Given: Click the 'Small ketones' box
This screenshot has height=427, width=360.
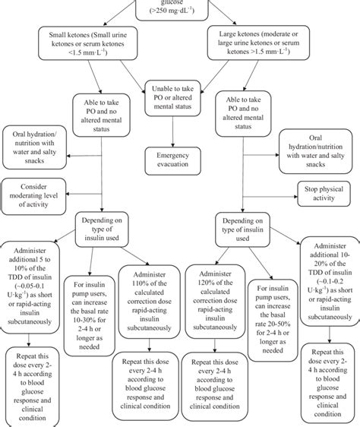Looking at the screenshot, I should (87, 44).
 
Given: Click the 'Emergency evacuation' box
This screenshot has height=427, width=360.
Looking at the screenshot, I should (176, 160).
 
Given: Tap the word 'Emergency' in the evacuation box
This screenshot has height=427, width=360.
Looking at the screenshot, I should (176, 154).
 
